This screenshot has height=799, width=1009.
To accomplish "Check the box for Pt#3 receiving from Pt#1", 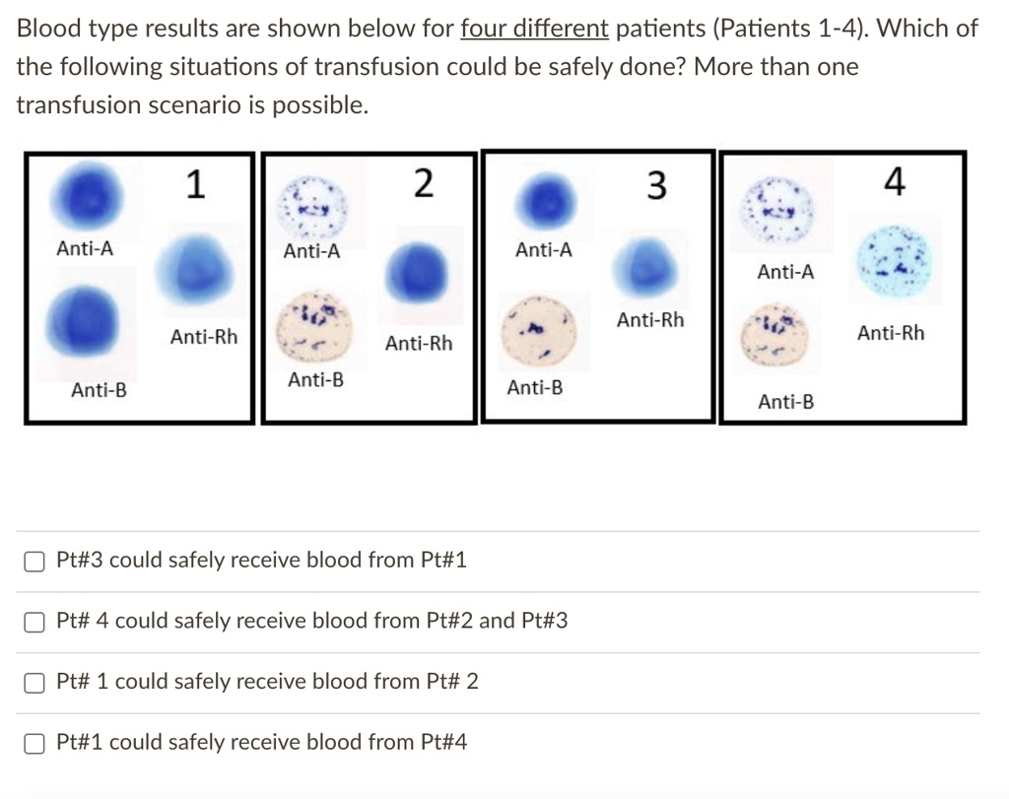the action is (x=34, y=561).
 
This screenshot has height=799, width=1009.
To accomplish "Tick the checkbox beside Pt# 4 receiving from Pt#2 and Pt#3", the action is (x=34, y=622).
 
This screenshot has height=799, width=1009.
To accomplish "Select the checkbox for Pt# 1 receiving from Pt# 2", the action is (x=34, y=683).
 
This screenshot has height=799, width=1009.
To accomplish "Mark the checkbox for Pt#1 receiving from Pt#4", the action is (x=34, y=743).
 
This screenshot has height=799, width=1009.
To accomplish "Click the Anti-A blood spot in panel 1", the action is (x=87, y=196).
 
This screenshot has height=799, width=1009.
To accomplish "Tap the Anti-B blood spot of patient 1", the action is (x=83, y=321).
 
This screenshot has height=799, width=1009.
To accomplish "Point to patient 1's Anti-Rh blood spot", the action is (x=194, y=270).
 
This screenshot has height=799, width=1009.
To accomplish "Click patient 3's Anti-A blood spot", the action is (x=546, y=202).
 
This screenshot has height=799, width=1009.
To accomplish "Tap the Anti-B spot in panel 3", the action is (x=539, y=331).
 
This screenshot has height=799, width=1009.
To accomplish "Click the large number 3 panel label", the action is (x=655, y=185).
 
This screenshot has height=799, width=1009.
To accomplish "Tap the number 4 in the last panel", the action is (x=895, y=181).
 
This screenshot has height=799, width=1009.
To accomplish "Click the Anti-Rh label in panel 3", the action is (x=650, y=320).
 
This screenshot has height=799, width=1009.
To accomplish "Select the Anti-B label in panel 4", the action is (x=785, y=402).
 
